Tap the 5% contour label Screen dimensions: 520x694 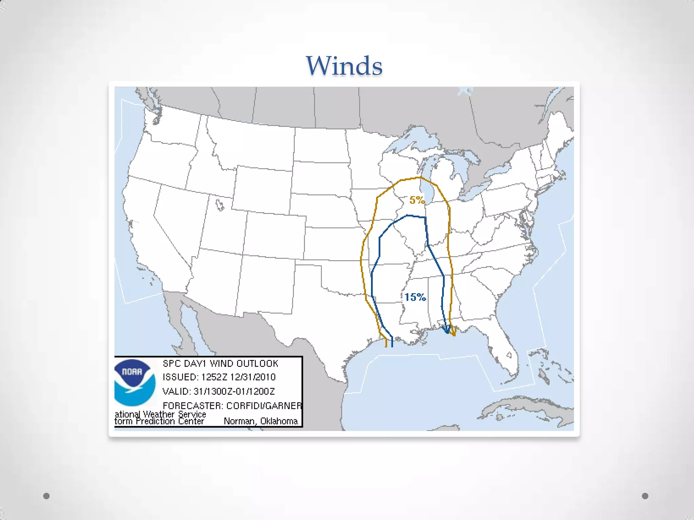coord(417,200)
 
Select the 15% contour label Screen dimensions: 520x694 coord(415,297)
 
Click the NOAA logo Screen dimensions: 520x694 coord(135,383)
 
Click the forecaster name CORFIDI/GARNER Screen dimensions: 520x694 coord(264,406)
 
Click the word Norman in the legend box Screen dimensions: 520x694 coord(239,421)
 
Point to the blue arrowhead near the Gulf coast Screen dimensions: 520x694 coord(447,330)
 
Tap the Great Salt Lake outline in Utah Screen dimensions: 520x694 coord(220,205)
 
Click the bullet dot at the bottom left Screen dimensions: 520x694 coord(47,496)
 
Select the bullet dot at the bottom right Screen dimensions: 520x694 coord(645,496)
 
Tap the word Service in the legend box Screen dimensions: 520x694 coord(192,414)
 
